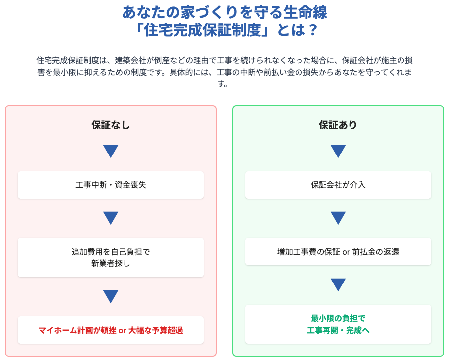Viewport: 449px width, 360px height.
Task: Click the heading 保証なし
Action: (x=110, y=125)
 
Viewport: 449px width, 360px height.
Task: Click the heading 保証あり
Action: (x=338, y=125)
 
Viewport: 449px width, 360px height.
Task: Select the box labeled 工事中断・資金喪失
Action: (x=110, y=185)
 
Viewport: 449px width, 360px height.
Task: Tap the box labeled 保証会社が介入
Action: (x=338, y=185)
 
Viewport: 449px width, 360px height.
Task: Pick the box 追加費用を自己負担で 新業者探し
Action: (x=110, y=257)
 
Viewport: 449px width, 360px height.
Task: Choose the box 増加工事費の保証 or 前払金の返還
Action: (x=338, y=252)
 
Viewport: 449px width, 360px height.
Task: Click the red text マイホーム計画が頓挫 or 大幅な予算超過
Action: (x=110, y=330)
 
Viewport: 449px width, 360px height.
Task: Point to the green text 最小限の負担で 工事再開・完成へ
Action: (x=338, y=324)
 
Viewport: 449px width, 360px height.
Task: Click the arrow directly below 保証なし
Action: (x=110, y=151)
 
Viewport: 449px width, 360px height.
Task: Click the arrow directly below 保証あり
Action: (x=338, y=151)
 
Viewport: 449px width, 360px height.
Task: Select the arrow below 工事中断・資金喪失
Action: (x=110, y=218)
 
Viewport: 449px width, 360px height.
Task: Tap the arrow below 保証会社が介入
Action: (x=338, y=218)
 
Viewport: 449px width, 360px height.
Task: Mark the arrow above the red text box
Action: (x=110, y=296)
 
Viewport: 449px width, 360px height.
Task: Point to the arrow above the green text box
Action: (x=338, y=284)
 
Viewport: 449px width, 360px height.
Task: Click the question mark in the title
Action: (x=313, y=30)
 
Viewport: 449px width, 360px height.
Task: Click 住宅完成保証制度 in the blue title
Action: (x=202, y=30)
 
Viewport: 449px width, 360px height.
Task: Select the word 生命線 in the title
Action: (x=305, y=12)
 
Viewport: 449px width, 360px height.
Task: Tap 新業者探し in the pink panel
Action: (x=110, y=263)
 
